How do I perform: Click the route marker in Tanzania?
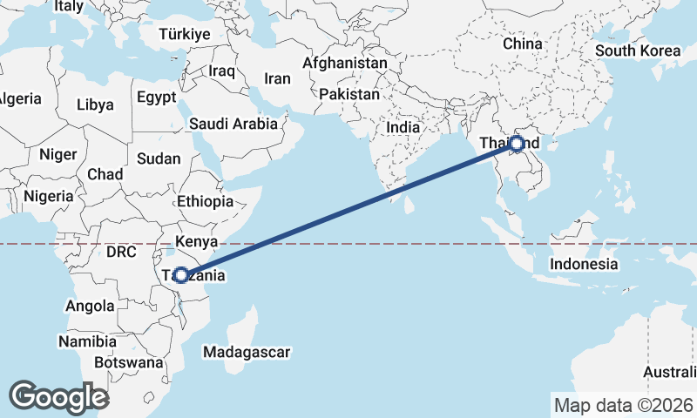(180, 275)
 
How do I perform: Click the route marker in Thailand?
(517, 143)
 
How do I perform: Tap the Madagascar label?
(246, 353)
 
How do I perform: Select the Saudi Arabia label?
(233, 125)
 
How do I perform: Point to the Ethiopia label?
(205, 201)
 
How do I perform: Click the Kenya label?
(196, 240)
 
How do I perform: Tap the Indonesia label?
(584, 264)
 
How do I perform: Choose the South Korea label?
(638, 51)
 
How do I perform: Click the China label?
(523, 44)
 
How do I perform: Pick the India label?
(403, 127)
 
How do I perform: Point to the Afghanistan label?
(344, 64)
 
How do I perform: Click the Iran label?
(277, 78)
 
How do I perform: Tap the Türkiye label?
(185, 34)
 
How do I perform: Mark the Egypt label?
(156, 96)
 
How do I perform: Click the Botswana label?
(128, 361)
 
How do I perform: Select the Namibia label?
(87, 341)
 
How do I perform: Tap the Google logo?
(58, 396)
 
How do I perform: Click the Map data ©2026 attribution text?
(623, 405)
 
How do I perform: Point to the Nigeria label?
(48, 196)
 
